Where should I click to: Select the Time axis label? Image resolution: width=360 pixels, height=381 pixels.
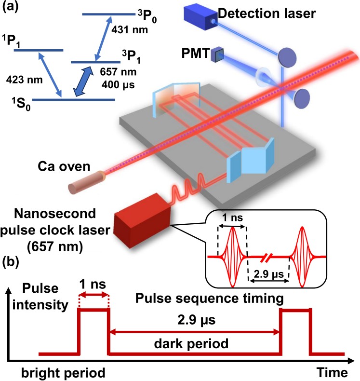(332, 372)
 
